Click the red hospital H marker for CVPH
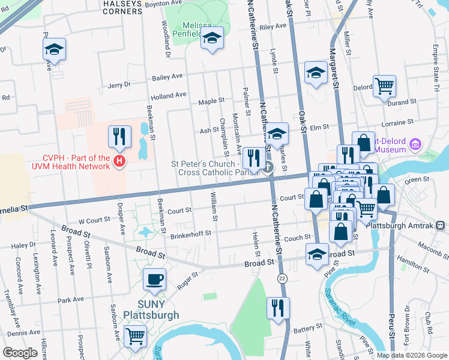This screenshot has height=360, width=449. pyautogui.click(x=120, y=161)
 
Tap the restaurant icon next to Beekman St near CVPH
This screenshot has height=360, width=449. pyautogui.click(x=119, y=137)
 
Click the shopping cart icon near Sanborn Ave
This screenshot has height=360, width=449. pyautogui.click(x=136, y=336)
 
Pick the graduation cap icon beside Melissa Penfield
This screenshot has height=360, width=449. pyautogui.click(x=212, y=38)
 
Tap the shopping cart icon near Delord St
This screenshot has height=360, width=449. pyautogui.click(x=384, y=86)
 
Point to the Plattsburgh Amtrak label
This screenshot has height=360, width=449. pyautogui.click(x=411, y=225)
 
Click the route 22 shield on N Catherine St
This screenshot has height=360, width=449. pyautogui.click(x=282, y=278)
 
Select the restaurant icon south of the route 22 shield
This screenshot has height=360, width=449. pyautogui.click(x=278, y=308)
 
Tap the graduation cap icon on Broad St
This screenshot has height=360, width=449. pyautogui.click(x=316, y=254)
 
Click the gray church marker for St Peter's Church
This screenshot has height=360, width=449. pyautogui.click(x=268, y=167)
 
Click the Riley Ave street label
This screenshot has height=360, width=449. pyautogui.click(x=273, y=26)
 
